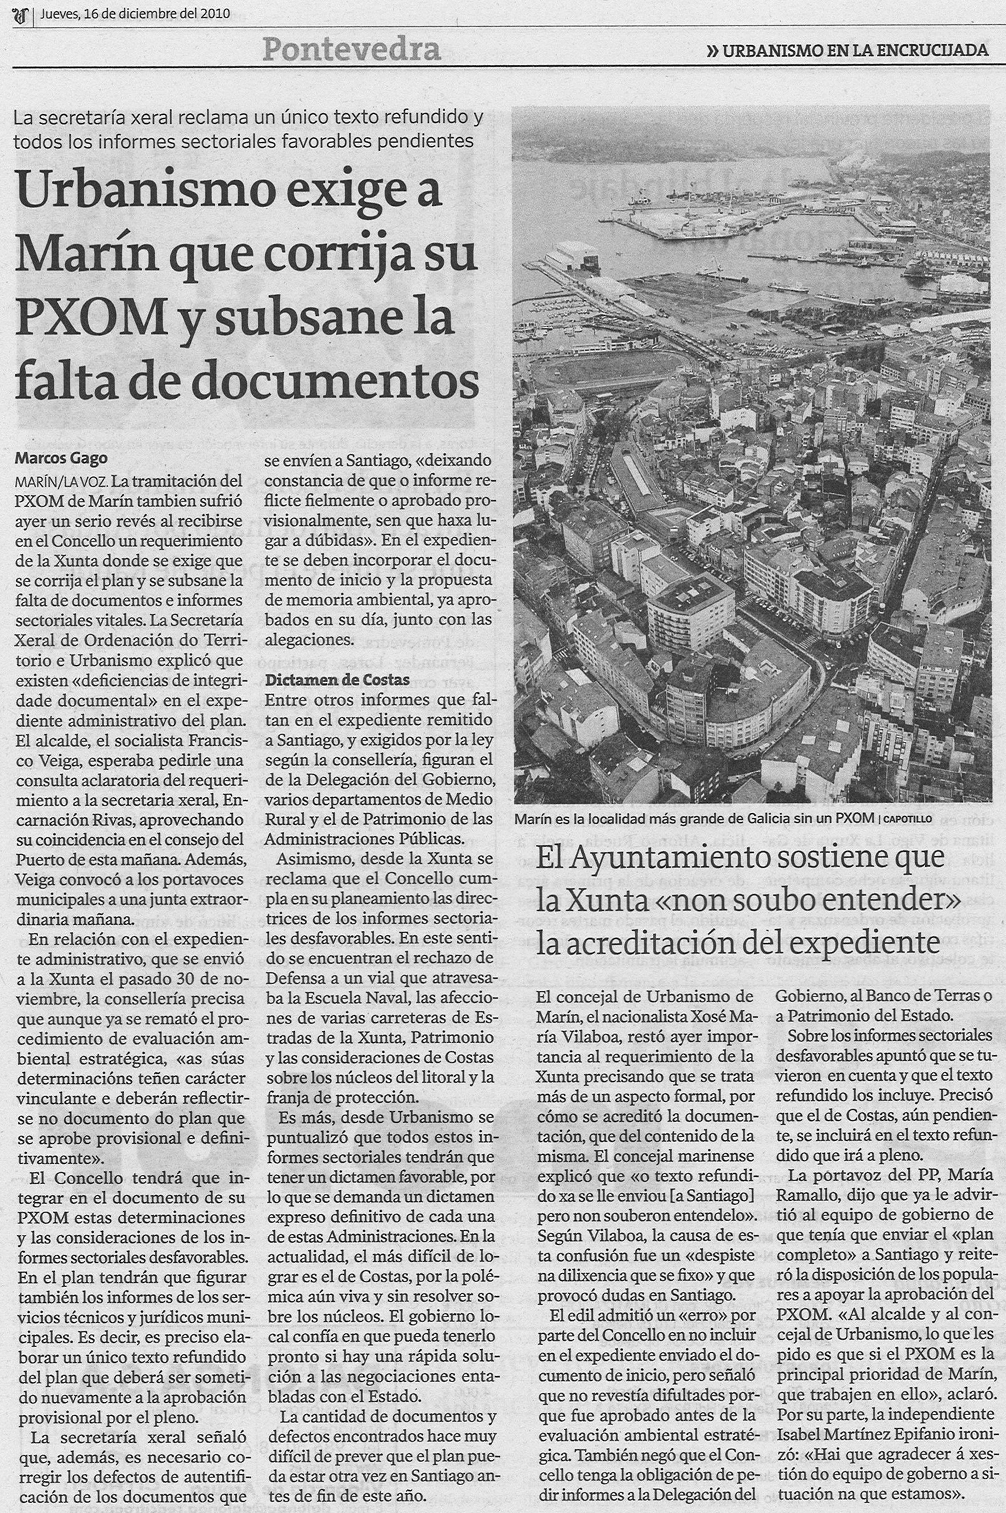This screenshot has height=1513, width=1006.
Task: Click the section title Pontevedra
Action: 351,49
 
